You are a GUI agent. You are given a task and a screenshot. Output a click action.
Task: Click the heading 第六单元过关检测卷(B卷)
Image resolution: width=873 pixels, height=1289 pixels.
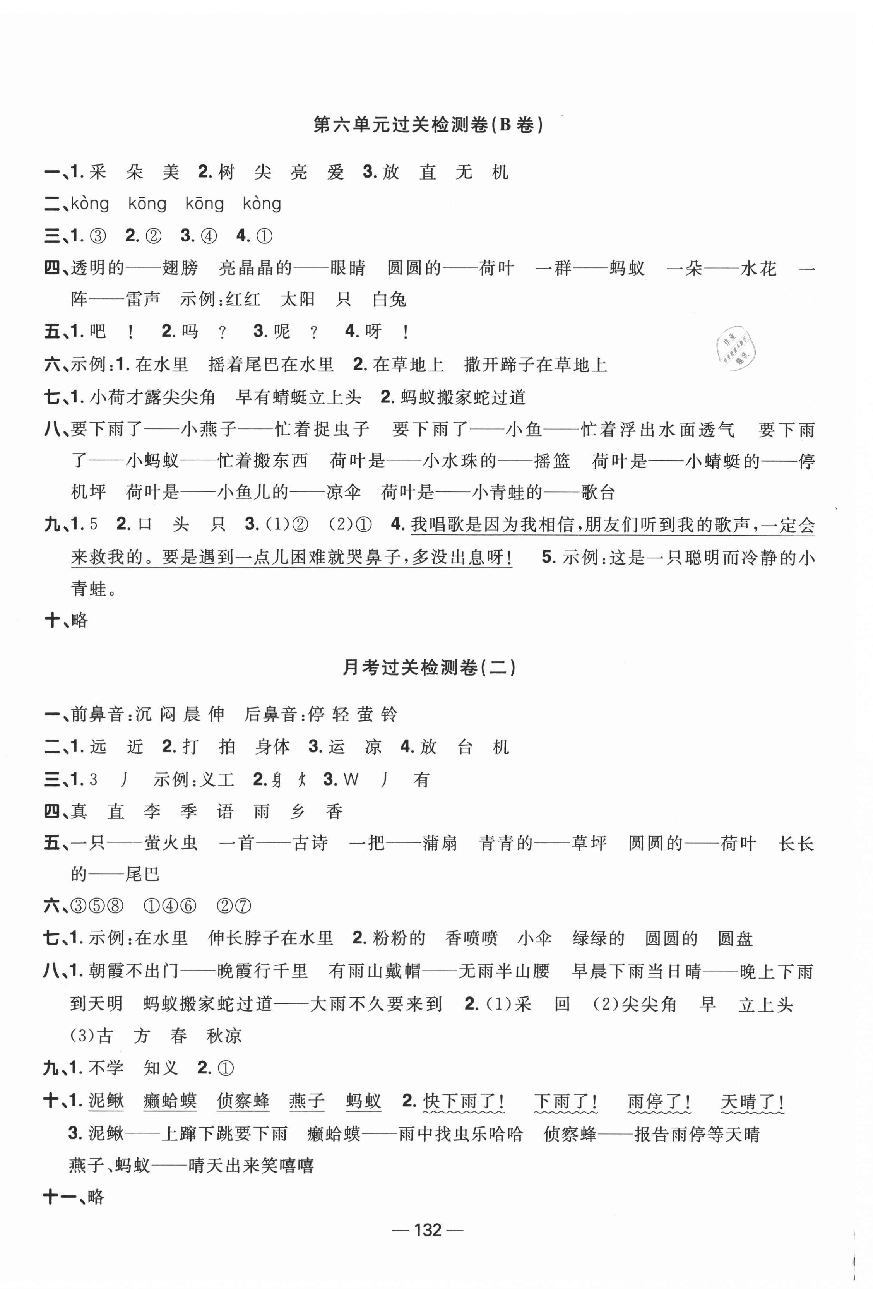(428, 125)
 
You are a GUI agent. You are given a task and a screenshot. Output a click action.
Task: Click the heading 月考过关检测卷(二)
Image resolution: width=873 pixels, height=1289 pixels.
(429, 667)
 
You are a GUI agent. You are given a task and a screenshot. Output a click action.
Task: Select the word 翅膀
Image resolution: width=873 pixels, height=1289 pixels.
(180, 269)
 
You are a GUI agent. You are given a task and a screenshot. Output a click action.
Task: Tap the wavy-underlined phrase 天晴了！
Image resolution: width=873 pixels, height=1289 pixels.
(752, 1101)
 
